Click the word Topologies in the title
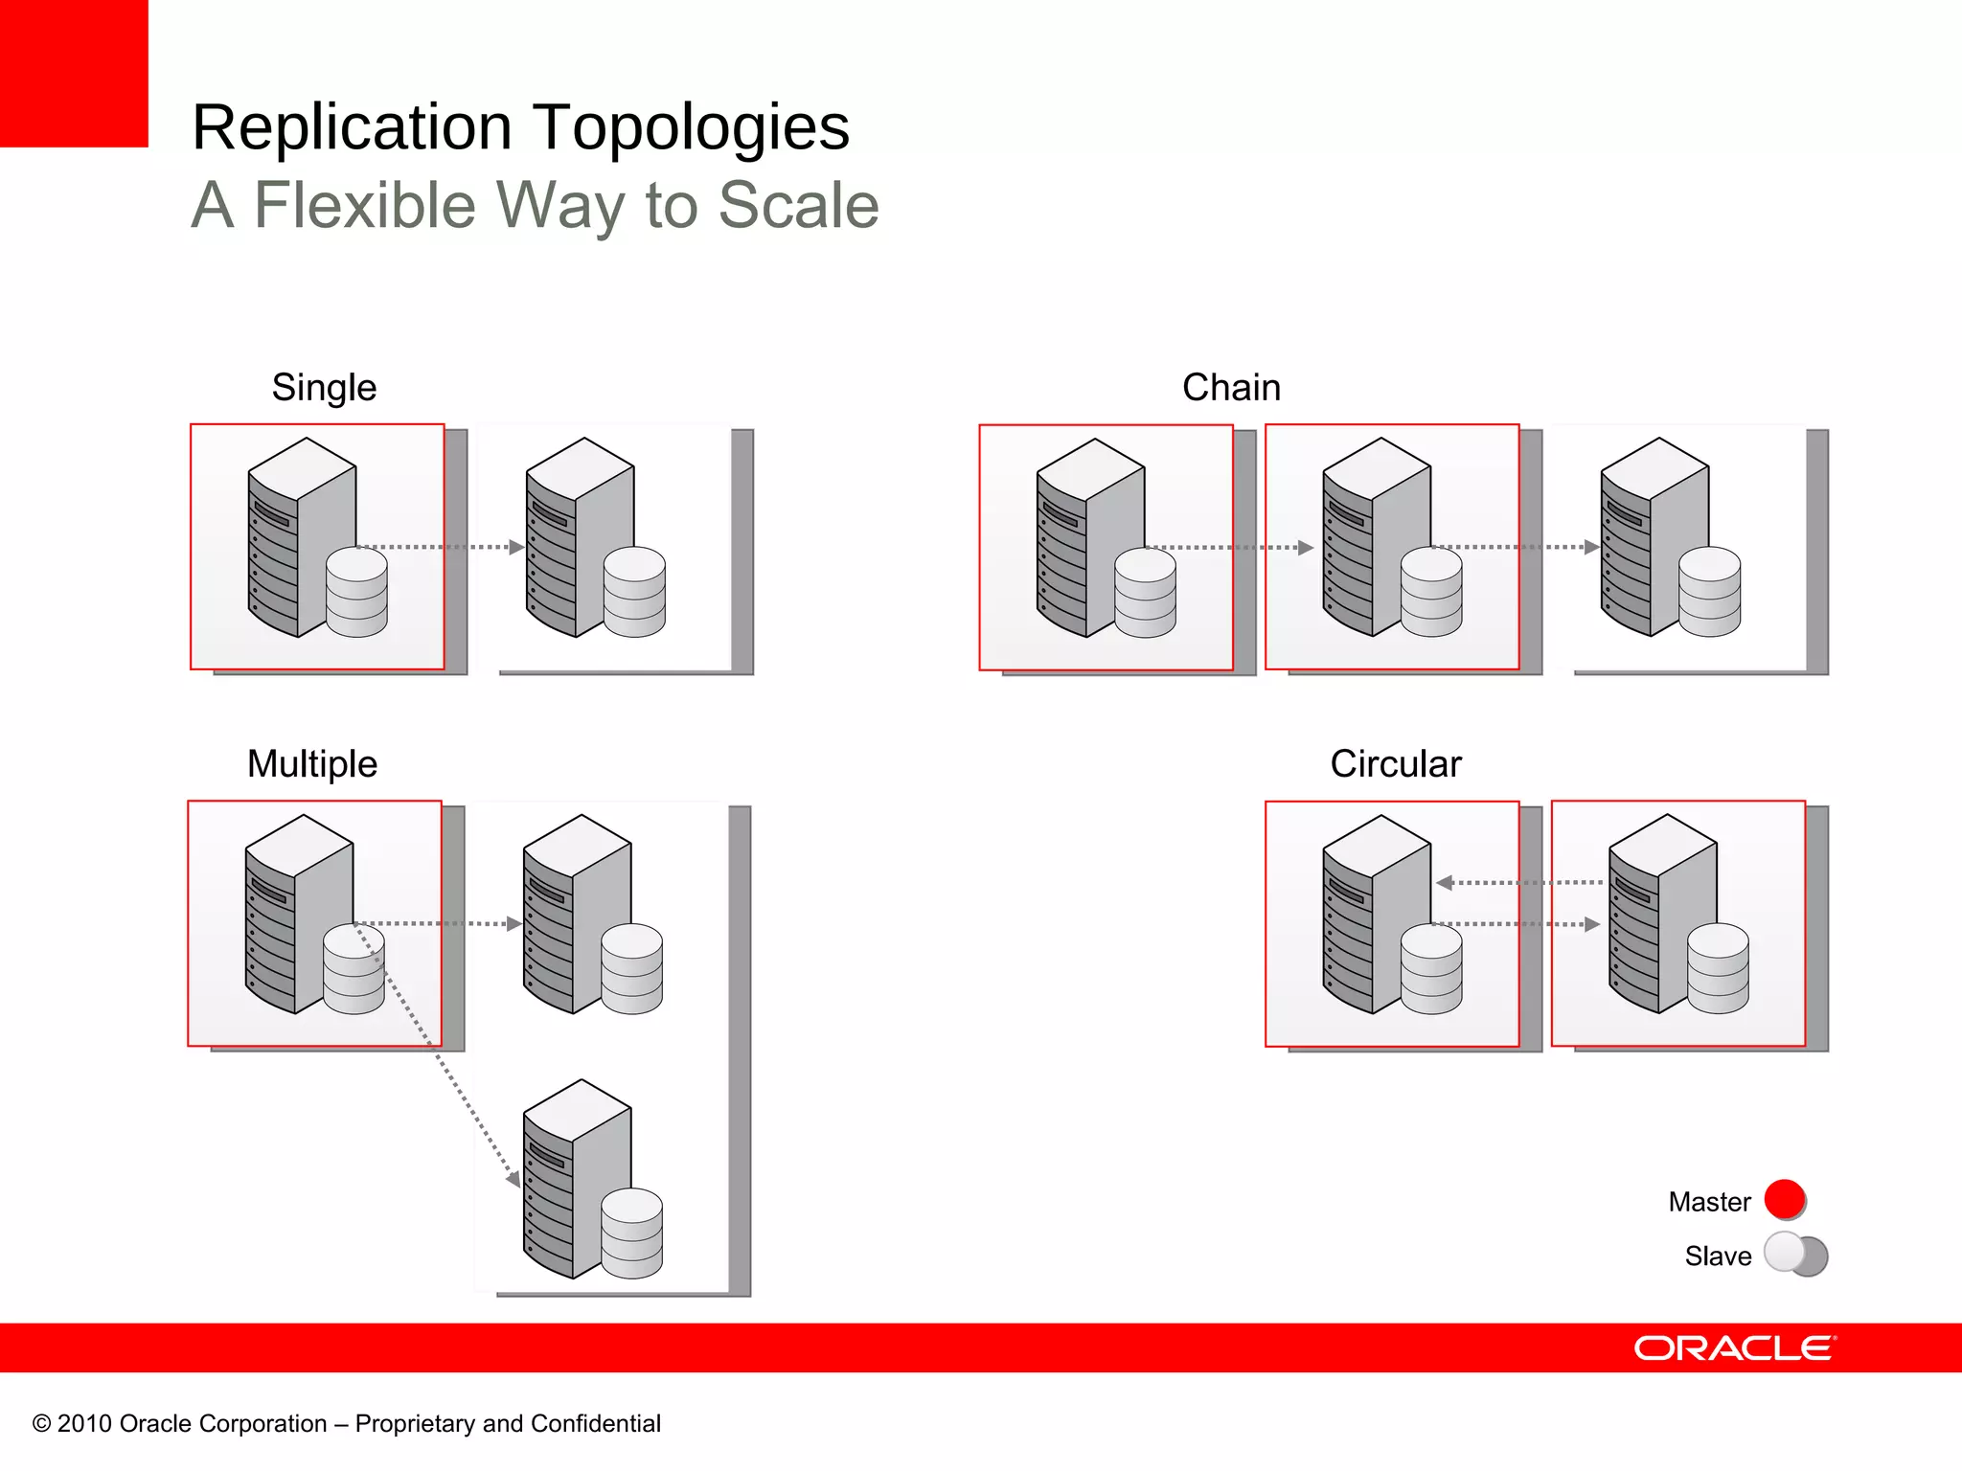coord(690,127)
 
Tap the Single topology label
coord(324,388)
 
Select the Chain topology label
coord(1231,388)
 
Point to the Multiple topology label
coord(312,764)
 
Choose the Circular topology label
coord(1396,764)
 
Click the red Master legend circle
coord(1785,1199)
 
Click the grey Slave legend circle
coord(1788,1253)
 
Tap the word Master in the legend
coord(1709,1202)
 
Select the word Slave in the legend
coord(1718,1256)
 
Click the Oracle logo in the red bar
coord(1735,1348)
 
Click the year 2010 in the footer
coord(84,1424)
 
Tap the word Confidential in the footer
coord(595,1424)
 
